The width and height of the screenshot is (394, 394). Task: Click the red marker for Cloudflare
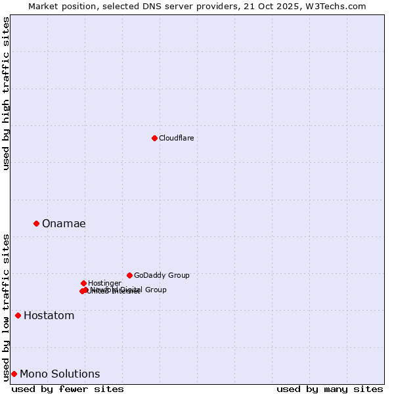click(x=154, y=138)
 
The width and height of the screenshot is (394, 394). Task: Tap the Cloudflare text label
click(x=176, y=139)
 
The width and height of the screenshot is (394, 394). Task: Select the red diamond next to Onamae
click(x=36, y=223)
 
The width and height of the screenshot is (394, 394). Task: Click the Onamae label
click(x=64, y=224)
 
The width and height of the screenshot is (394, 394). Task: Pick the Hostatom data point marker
click(x=18, y=315)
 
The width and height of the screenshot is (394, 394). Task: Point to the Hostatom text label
click(x=49, y=316)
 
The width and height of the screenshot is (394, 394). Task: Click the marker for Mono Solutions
click(x=14, y=374)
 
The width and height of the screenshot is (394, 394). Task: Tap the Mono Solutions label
click(x=60, y=374)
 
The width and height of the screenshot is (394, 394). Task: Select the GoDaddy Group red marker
click(x=129, y=275)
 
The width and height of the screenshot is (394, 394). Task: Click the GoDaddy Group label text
click(x=162, y=276)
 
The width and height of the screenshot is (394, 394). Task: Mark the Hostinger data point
click(x=83, y=283)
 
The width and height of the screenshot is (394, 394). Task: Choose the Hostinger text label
click(x=104, y=284)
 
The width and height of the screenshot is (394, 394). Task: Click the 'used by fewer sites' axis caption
click(x=68, y=389)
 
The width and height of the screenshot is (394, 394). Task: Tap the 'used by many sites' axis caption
click(x=330, y=389)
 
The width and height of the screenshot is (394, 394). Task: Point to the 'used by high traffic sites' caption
click(x=6, y=93)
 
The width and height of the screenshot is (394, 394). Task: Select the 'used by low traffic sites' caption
click(x=6, y=307)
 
